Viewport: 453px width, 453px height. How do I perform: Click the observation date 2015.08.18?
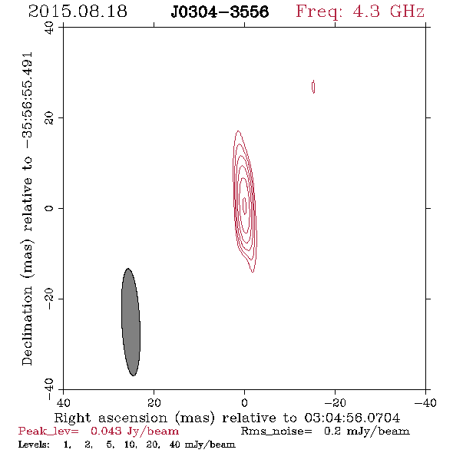(78, 12)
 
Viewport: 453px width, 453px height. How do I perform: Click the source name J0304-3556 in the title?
(220, 12)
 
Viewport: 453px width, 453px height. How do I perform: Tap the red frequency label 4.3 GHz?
(389, 12)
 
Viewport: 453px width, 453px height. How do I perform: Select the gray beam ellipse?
(131, 322)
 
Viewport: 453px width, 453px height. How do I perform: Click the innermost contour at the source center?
(245, 206)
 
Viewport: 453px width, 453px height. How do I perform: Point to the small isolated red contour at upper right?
(313, 87)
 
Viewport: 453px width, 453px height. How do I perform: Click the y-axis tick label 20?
(49, 118)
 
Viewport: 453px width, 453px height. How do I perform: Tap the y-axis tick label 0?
(49, 208)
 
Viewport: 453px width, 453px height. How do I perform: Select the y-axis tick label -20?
(49, 299)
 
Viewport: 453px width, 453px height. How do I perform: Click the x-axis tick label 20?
(154, 402)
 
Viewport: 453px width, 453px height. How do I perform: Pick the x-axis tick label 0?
(244, 402)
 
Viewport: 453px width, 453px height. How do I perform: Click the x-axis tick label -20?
(335, 402)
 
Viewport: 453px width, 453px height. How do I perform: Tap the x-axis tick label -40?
(425, 402)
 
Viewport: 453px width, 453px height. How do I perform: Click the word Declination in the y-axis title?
(27, 326)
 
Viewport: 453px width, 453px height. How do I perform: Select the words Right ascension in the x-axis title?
(111, 418)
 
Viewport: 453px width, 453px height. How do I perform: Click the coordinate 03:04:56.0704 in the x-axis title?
(352, 418)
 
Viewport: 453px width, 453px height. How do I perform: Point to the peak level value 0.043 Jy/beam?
(134, 432)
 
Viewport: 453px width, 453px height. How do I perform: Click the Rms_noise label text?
(276, 432)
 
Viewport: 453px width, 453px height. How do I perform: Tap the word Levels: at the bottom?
(34, 444)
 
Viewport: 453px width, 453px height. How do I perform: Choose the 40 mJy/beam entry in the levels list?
(202, 445)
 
